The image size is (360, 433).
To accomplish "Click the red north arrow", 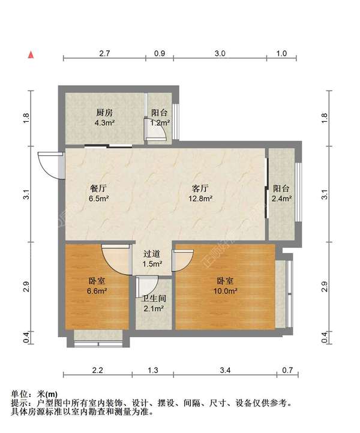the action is point(31,55).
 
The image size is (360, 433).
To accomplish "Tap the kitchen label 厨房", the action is point(104,113).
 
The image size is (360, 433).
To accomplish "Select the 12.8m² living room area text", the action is point(200,199).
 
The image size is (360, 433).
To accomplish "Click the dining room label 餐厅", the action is point(98,188).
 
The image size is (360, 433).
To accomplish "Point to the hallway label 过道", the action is point(152,254).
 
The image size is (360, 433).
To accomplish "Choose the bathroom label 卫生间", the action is point(154,299).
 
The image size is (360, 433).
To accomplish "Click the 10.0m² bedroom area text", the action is point(225,291).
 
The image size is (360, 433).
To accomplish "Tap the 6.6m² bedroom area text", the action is point(97,291).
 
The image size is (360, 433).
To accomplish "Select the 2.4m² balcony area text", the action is point(282,199).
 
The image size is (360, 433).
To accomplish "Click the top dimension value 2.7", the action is point(104,53).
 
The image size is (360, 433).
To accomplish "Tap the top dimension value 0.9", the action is point(160,53).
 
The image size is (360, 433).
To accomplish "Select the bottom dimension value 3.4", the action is point(225,370).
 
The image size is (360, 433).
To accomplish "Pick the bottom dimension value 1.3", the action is point(153,370).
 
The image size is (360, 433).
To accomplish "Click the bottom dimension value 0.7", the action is point(287,370).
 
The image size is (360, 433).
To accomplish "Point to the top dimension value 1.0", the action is point(281,53).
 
